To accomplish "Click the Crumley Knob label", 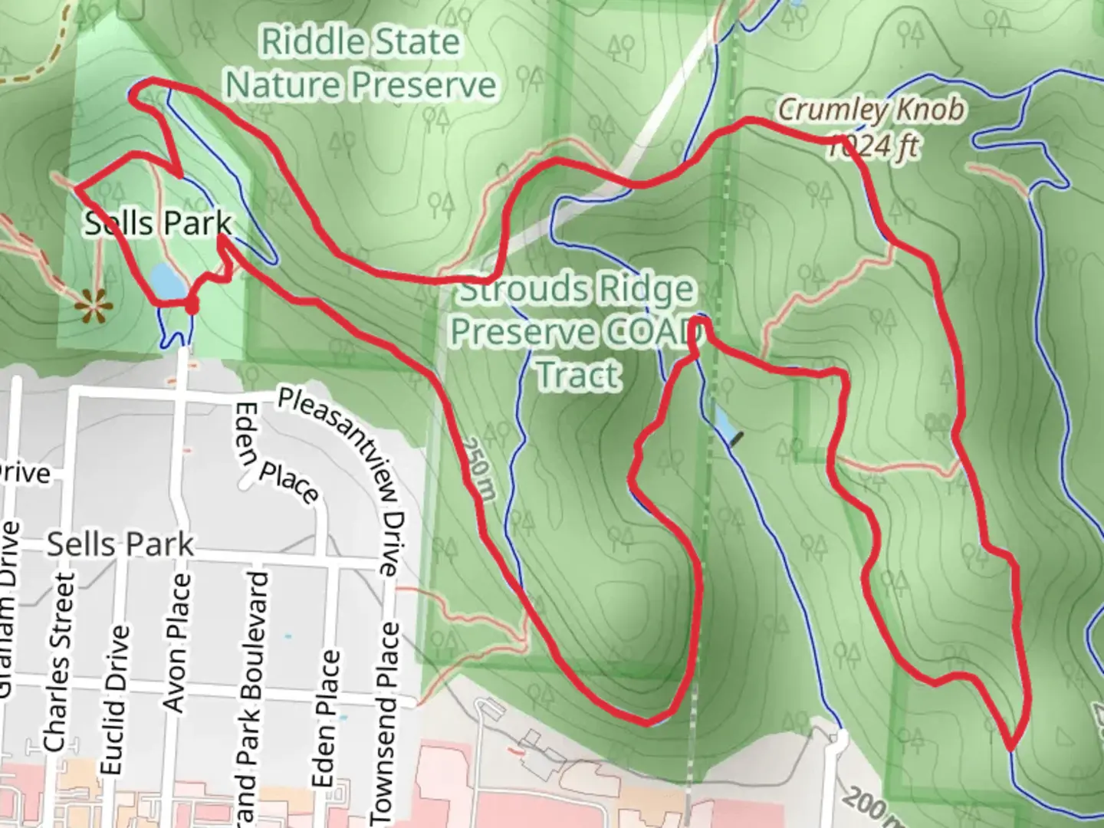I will [x=871, y=110].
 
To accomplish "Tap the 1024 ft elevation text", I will [x=872, y=146].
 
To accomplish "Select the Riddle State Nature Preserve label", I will [x=360, y=63].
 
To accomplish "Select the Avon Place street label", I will [x=176, y=642].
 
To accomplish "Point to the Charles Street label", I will [x=59, y=661].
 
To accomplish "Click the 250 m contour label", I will [x=478, y=468].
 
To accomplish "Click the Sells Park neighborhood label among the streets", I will [x=120, y=544].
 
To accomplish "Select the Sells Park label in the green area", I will [x=157, y=223].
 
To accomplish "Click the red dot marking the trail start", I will [x=191, y=306].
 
